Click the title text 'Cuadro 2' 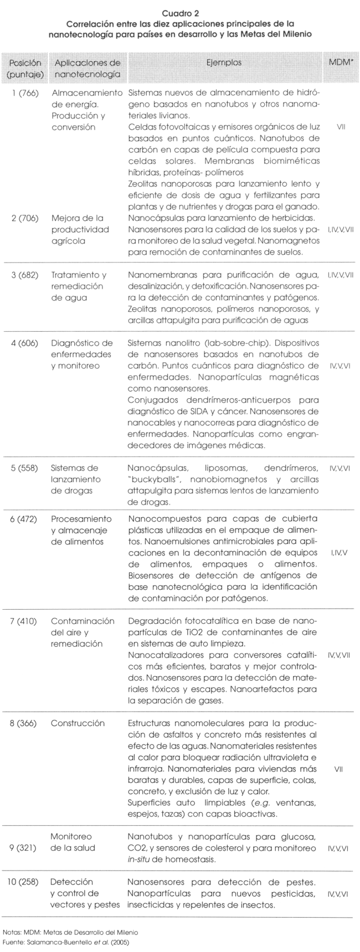coord(181,12)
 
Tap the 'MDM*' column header coord(340,63)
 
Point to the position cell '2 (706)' coord(24,218)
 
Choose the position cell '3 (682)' coord(24,275)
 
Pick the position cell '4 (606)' coord(24,342)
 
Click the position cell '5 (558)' coord(24,468)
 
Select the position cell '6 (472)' coord(24,519)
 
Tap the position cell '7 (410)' coord(24,621)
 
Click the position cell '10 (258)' coord(24,881)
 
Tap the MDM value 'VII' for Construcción coord(340,769)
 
